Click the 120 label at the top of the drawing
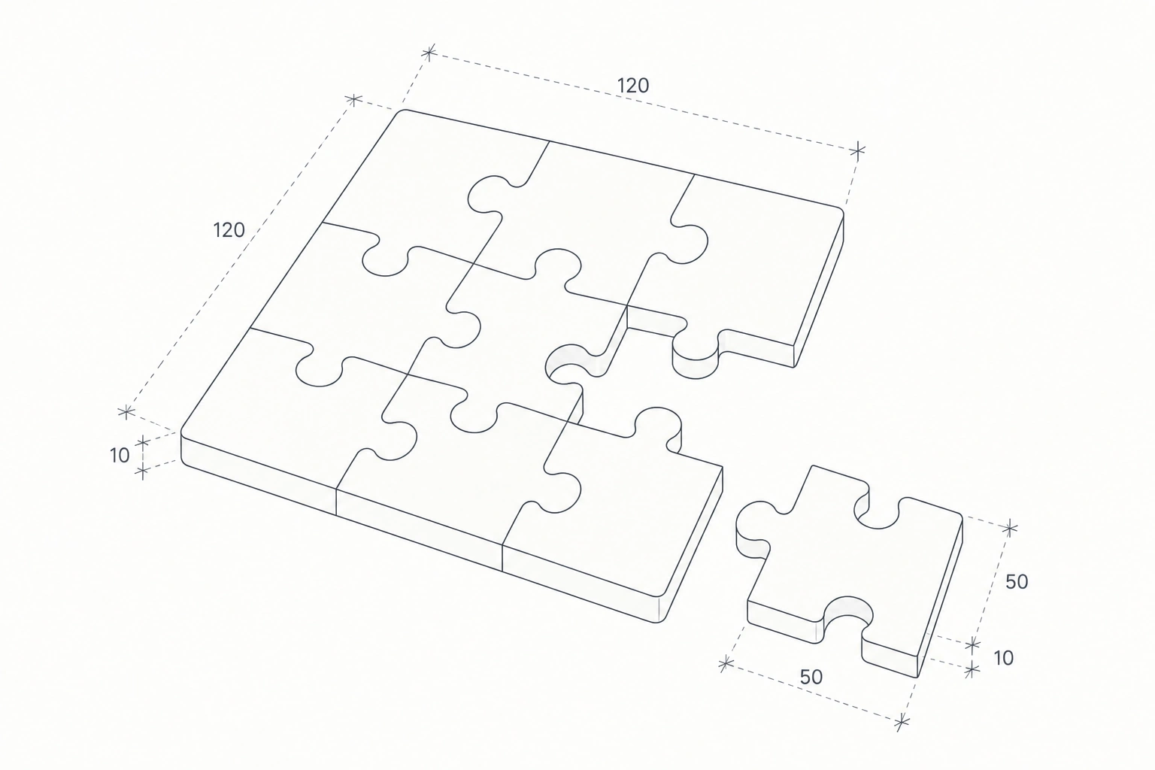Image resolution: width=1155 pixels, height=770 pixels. pos(632,86)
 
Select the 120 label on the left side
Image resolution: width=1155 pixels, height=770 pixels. pos(229,230)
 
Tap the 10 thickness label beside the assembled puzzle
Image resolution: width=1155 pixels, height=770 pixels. pos(120,456)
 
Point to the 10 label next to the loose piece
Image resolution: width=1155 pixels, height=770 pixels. pos(1003,658)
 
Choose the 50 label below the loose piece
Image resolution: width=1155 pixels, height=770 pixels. pos(811,678)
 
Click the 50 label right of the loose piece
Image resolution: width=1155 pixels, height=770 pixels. pos(1017,582)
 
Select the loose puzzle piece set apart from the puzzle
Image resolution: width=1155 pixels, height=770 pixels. pos(849,571)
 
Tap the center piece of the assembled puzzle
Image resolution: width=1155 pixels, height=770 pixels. pos(521,330)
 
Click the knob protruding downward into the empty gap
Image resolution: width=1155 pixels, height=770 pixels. pos(696,356)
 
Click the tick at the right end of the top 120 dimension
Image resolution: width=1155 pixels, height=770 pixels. pos(857,150)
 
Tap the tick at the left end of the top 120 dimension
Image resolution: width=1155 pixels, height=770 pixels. pos(429,52)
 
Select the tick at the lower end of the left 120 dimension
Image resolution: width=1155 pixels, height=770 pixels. pos(126,411)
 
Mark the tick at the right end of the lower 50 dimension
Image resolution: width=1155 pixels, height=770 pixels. pos(902,722)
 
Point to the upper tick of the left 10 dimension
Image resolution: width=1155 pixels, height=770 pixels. pos(143,442)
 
